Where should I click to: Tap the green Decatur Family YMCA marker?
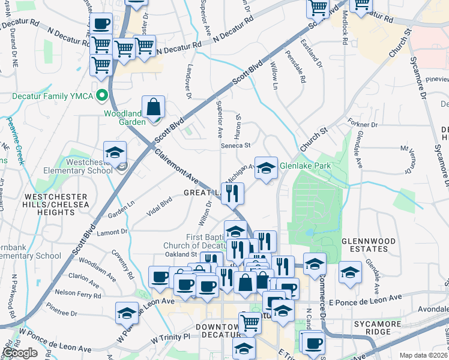[x=103, y=94]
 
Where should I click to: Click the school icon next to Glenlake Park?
[x=266, y=168]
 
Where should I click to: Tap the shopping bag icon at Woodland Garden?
[x=154, y=107]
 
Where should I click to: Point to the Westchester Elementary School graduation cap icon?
[x=115, y=152]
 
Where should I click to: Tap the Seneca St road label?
[x=234, y=145]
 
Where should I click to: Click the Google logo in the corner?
[x=20, y=353]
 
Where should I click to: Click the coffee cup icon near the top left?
[x=101, y=24]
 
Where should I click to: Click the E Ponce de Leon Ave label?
[x=364, y=298]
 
